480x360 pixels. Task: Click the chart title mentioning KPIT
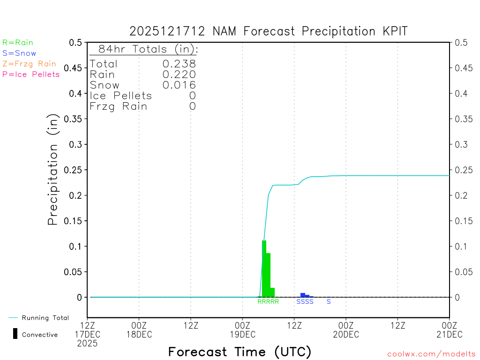click(x=269, y=31)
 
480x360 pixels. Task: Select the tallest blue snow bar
click(x=303, y=295)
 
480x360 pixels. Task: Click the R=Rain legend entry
click(x=18, y=43)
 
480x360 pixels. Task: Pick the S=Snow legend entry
click(x=19, y=53)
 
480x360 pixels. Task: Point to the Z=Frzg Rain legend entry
click(x=29, y=64)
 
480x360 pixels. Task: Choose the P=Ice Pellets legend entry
click(x=31, y=74)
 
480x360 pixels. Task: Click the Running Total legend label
click(x=45, y=318)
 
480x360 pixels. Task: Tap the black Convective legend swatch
click(x=15, y=333)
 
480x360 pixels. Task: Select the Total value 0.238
click(x=179, y=64)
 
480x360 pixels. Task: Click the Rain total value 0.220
click(x=179, y=74)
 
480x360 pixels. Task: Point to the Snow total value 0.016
click(x=179, y=85)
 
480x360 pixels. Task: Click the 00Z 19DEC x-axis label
click(x=242, y=330)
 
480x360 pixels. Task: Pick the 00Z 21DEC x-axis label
click(x=449, y=330)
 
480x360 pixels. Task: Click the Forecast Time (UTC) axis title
click(x=240, y=352)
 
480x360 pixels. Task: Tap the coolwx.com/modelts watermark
click(x=431, y=354)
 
